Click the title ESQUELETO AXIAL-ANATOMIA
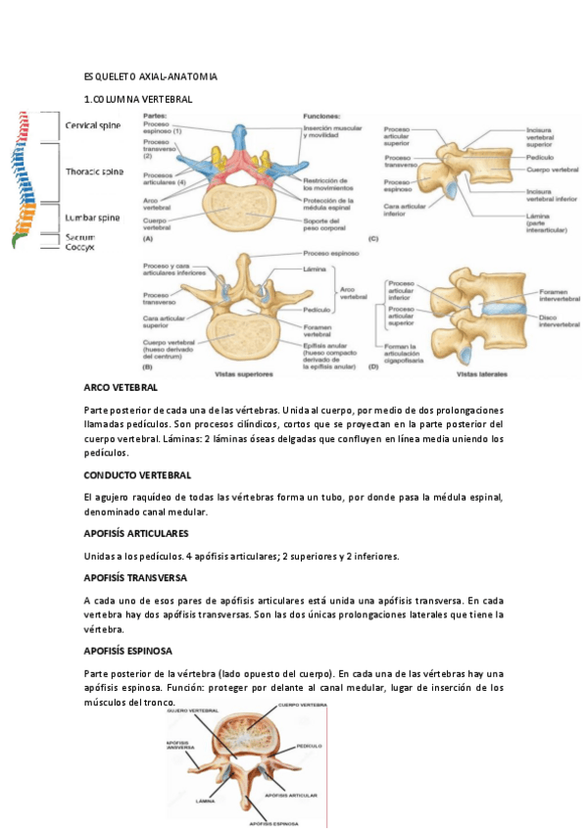150,76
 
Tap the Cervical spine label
93,125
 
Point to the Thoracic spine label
94,171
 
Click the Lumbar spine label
93,218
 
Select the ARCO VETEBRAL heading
122,389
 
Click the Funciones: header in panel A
321,116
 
